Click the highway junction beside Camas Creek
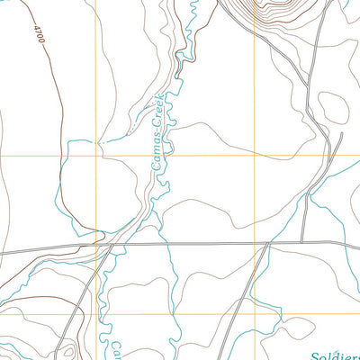tap(111, 244)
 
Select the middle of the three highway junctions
tap(267, 243)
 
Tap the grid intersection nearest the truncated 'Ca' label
tap(94, 313)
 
